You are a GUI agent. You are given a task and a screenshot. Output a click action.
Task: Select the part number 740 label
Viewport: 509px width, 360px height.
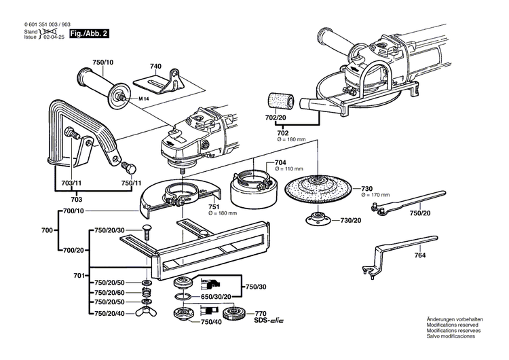(156, 66)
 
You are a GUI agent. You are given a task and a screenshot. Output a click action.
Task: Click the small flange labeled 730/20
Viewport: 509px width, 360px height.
(315, 220)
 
